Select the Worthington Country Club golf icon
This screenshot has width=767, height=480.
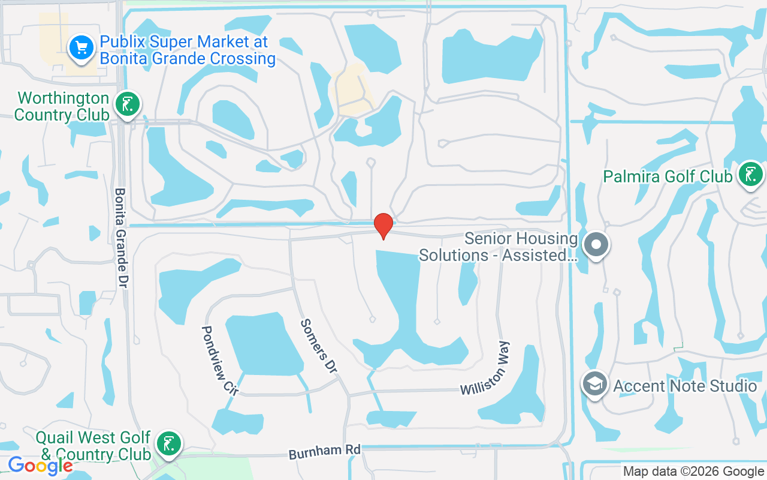tap(127, 104)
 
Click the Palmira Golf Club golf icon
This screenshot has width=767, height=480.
tap(749, 175)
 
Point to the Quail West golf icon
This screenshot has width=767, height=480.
tap(168, 443)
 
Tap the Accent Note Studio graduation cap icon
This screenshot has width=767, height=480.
tap(595, 385)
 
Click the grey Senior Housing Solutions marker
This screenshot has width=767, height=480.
tap(596, 245)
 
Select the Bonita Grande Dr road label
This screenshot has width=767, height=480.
tap(120, 237)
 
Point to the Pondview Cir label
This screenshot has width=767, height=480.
tap(219, 360)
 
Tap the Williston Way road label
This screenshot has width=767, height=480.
tap(486, 369)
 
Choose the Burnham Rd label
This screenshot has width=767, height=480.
tap(325, 452)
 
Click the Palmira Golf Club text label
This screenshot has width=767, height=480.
tap(668, 176)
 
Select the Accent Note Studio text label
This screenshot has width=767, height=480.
tap(685, 386)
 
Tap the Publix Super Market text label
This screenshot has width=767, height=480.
tap(188, 50)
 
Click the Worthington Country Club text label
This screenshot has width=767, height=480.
tap(62, 106)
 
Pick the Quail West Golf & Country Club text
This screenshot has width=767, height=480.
tap(93, 446)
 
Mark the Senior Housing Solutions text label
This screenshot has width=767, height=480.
tap(498, 247)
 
